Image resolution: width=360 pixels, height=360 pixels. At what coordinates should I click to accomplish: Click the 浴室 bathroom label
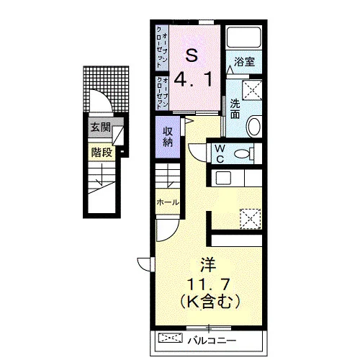[x=244, y=62]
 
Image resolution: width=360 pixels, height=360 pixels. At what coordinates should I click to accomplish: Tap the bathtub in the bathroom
[x=244, y=37]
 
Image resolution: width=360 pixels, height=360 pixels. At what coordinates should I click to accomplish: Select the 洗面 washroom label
[x=235, y=109]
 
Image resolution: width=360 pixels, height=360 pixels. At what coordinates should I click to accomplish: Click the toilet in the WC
[x=244, y=153]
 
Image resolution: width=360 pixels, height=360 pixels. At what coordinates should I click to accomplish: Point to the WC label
[x=220, y=153]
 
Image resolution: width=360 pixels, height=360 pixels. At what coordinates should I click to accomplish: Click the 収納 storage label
[x=168, y=137]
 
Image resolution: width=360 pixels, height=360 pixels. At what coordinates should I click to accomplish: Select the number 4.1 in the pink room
[x=193, y=80]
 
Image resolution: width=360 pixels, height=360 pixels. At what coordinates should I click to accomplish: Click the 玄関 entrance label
[x=101, y=127]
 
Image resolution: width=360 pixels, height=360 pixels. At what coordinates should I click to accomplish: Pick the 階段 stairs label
[x=102, y=152]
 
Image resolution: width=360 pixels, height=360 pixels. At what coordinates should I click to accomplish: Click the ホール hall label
[x=168, y=202]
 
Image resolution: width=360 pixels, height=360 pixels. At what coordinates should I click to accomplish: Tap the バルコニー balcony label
[x=212, y=341]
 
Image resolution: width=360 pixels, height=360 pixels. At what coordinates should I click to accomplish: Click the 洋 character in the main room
[x=208, y=265]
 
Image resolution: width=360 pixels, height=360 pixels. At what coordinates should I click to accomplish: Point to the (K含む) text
[x=210, y=302]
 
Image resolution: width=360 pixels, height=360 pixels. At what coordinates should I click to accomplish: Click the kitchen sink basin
[x=223, y=178]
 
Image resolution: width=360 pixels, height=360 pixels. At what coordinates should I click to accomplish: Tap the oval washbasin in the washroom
[x=254, y=126]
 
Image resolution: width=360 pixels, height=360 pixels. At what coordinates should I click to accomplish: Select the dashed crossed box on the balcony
[x=171, y=338]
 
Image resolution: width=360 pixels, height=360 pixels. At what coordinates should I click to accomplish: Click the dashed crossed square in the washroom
[x=252, y=90]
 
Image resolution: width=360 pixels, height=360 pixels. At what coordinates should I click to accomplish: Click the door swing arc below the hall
[x=171, y=234]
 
